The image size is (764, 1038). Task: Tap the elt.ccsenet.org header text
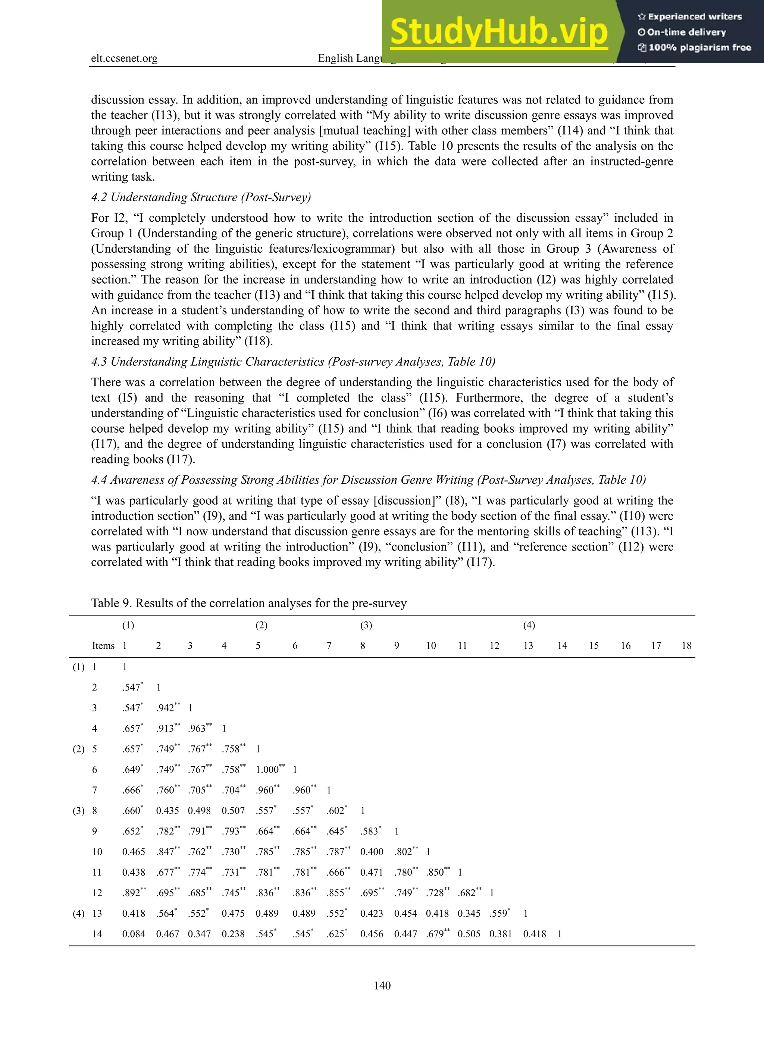tap(124, 58)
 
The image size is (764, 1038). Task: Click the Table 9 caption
tap(248, 603)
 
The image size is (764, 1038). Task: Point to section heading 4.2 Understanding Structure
tap(201, 197)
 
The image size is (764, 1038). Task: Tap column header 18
tap(686, 646)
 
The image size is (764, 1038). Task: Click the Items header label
tap(103, 646)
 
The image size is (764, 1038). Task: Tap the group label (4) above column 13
tap(529, 625)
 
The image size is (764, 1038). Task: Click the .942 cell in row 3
tap(167, 708)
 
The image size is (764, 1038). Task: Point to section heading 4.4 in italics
tap(368, 480)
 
